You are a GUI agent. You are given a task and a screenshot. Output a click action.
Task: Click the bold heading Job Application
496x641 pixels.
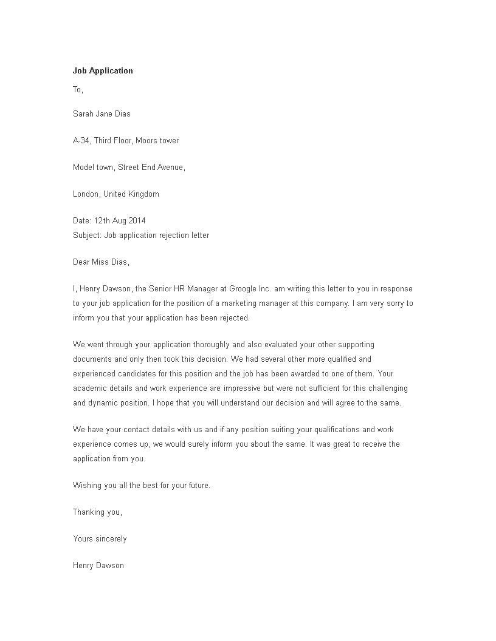click(x=103, y=70)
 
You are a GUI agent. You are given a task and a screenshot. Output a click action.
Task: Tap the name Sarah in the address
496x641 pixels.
click(x=84, y=114)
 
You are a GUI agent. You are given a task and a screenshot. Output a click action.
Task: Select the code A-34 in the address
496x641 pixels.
click(x=81, y=140)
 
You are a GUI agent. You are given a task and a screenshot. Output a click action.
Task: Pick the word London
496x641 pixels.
click(x=86, y=194)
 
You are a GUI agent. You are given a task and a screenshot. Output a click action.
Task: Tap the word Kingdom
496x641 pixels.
click(x=142, y=194)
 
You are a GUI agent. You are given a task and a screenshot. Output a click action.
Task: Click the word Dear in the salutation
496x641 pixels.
click(x=82, y=262)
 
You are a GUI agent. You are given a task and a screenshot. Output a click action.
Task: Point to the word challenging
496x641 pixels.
click(x=384, y=387)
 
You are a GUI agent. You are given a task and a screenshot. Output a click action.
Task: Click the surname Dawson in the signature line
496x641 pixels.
click(x=111, y=565)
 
